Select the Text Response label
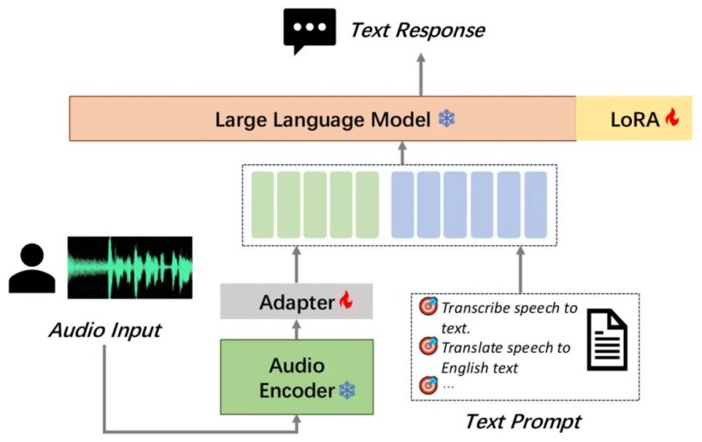coord(417,31)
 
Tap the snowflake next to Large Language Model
coord(446,119)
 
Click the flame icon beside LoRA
coord(671,117)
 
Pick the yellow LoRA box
coord(634,118)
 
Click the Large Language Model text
coord(323,120)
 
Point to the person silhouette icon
coord(33,268)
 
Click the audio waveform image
coord(130,268)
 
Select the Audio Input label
coord(105,331)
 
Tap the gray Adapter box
coord(296,301)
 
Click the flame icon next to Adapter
coord(346,300)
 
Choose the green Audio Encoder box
coord(297,377)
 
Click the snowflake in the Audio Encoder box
coord(348,390)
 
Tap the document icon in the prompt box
coord(607,339)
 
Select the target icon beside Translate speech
coord(428,345)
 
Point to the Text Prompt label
coord(523,421)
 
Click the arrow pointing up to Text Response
coord(421,74)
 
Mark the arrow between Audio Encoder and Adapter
coord(296,329)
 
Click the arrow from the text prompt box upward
coord(521,269)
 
